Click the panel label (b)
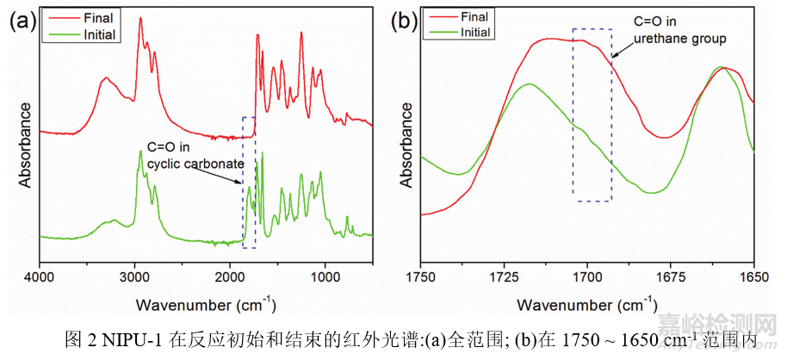[x=405, y=22]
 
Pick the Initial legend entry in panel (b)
[x=475, y=32]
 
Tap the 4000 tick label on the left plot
[x=39, y=277]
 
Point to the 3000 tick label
[x=134, y=277]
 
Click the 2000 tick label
[x=230, y=277]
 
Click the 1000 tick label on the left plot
[x=325, y=277]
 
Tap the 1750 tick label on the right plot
[x=421, y=277]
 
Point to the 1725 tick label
[x=505, y=277]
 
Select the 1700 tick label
[x=588, y=277]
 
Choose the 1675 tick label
[x=671, y=277]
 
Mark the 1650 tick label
[x=753, y=277]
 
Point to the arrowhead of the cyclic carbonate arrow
[x=243, y=183]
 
